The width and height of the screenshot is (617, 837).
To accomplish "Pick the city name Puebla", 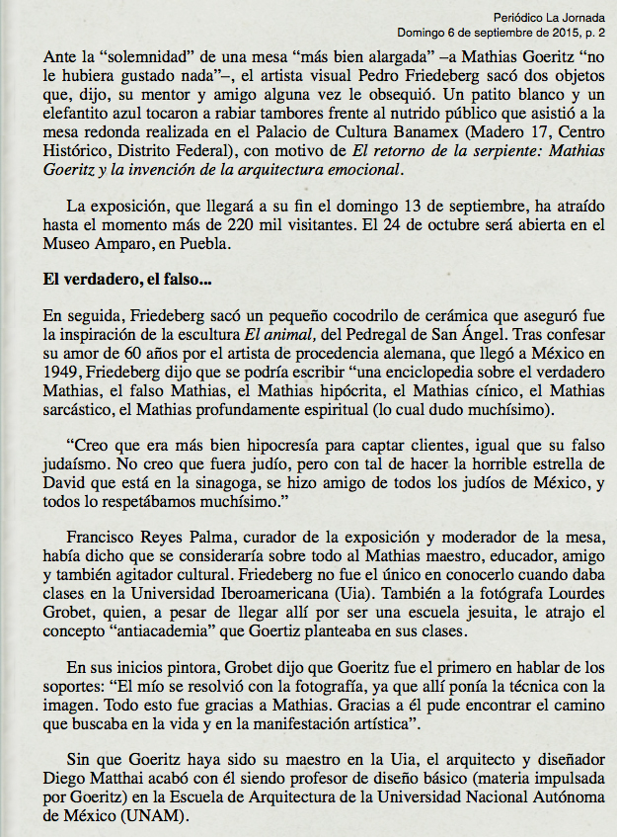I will point(210,248).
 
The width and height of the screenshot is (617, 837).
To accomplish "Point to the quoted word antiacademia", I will point(171,643).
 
